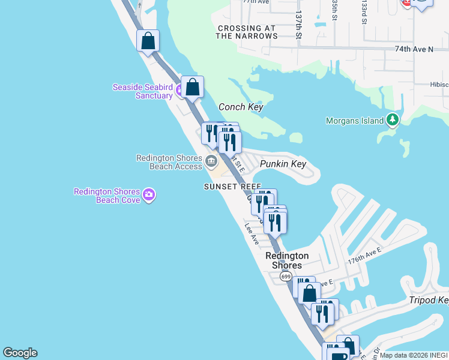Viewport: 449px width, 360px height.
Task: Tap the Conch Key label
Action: [241, 107]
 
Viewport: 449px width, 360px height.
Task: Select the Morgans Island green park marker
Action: [393, 120]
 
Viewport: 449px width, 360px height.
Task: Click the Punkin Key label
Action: [283, 164]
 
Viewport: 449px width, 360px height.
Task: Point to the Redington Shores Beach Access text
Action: [169, 162]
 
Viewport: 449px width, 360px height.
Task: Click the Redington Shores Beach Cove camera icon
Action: [149, 194]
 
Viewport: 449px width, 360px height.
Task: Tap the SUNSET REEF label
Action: [232, 187]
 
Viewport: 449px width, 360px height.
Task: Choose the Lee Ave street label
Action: [252, 234]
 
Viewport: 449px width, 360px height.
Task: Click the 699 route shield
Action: [286, 277]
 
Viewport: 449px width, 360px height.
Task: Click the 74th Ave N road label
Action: [414, 49]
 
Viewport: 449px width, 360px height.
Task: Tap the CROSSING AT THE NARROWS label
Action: [247, 32]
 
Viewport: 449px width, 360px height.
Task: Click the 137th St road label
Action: [298, 25]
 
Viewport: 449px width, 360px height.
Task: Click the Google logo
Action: [20, 353]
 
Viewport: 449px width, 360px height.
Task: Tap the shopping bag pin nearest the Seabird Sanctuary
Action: [192, 88]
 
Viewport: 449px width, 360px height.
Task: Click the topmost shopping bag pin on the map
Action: [148, 41]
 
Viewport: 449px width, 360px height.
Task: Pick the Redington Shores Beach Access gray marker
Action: [211, 161]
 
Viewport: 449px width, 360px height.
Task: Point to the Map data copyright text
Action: [414, 355]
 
